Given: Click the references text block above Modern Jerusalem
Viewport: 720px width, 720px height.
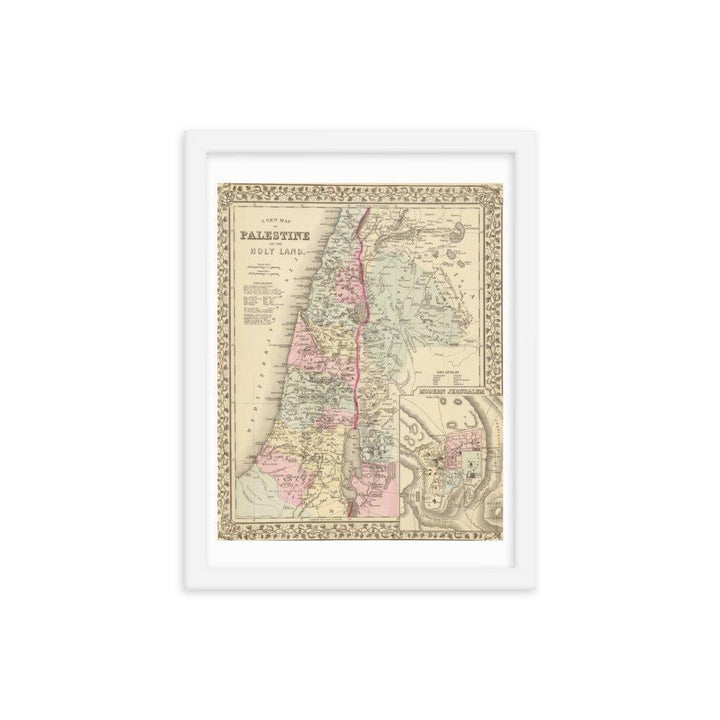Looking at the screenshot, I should pyautogui.click(x=442, y=375).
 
